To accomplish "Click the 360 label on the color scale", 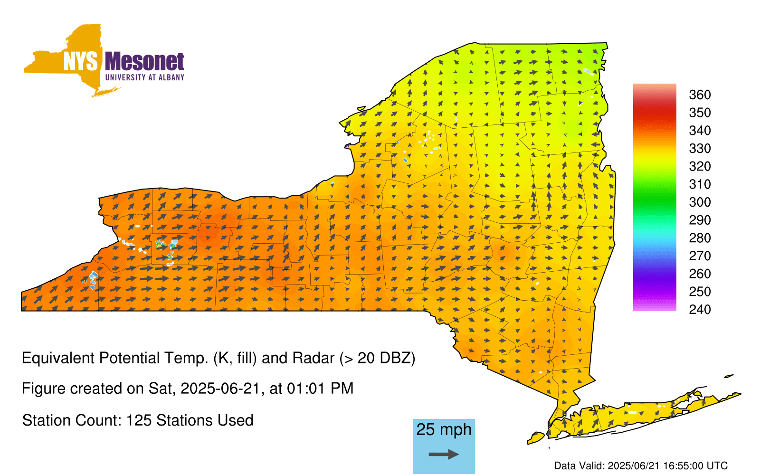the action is coord(700,95).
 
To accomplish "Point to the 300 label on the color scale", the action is coord(700,202).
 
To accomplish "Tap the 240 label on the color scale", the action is coord(700,309).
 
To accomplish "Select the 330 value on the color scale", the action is coord(700,148).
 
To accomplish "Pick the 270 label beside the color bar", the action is coord(700,256).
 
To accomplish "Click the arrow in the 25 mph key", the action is coord(444,454).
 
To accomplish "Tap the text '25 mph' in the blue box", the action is coord(444,429).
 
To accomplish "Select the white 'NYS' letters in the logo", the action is coord(80,61).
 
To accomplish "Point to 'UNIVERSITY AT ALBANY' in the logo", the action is coord(145,77).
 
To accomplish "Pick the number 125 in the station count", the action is coord(138,420).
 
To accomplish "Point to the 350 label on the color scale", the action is coord(700,113).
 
